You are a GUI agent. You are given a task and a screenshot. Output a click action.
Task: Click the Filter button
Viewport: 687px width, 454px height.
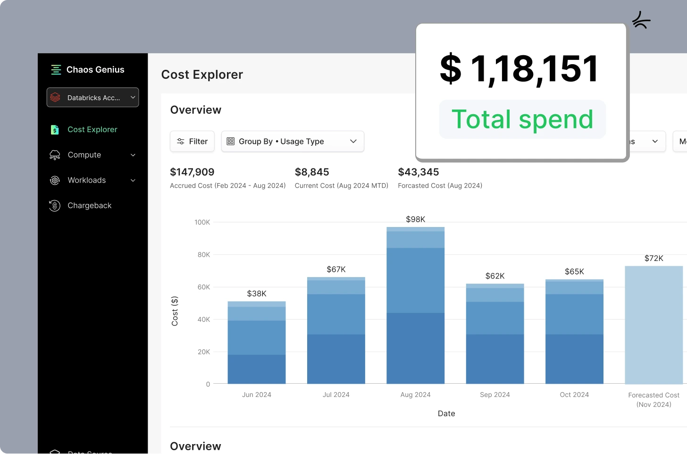click(192, 142)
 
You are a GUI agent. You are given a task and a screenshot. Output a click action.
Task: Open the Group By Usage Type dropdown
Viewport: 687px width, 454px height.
click(293, 142)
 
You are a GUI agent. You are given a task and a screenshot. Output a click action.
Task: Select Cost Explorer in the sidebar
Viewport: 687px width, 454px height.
click(92, 129)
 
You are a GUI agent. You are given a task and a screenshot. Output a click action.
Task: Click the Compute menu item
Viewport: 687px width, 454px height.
click(84, 155)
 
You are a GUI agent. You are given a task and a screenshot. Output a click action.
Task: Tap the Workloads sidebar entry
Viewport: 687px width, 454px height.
click(87, 180)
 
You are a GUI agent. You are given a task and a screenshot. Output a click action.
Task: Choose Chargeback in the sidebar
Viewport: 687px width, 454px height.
click(90, 206)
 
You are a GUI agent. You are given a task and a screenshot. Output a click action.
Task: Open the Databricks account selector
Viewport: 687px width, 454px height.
click(93, 98)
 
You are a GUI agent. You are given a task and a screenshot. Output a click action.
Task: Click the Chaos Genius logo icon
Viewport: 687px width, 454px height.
click(56, 70)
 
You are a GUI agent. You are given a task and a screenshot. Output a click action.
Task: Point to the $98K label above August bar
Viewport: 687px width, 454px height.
click(415, 219)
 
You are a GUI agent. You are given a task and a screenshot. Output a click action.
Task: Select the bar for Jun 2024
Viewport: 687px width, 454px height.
click(257, 342)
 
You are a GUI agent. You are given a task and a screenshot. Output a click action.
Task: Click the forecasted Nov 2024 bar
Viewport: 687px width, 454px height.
click(653, 326)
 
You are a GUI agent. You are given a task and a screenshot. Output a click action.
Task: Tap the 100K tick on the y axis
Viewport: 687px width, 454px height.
click(202, 222)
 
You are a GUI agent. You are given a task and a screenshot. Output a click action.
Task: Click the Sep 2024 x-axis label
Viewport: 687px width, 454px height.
click(495, 395)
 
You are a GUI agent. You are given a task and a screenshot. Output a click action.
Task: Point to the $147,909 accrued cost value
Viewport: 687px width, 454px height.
click(192, 172)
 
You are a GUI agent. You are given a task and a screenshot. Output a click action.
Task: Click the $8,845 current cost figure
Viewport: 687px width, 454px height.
click(312, 172)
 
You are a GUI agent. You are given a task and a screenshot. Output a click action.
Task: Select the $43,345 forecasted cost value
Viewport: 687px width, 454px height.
click(419, 172)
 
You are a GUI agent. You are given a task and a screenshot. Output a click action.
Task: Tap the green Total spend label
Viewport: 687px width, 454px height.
click(522, 119)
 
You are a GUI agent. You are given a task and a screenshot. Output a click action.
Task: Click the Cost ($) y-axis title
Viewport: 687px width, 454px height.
click(175, 311)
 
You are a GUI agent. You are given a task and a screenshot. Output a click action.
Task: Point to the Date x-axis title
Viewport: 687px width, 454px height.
click(446, 413)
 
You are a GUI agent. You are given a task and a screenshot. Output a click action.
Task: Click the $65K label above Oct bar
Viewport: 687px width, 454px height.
click(574, 272)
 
